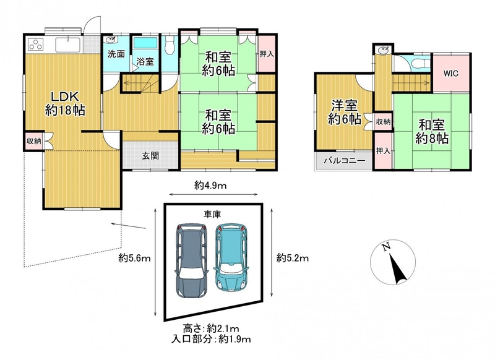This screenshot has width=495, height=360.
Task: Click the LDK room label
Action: (65, 103)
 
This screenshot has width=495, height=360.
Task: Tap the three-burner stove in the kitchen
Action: (35, 45)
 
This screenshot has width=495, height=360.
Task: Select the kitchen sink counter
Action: (69, 45)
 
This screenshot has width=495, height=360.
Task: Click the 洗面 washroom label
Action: (116, 54)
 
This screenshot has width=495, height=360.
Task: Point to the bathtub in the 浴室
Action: (145, 43)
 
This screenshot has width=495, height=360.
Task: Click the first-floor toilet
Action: (170, 44)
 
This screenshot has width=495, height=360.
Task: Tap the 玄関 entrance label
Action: (150, 155)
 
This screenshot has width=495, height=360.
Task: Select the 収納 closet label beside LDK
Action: (33, 140)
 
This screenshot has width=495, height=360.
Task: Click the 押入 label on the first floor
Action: (267, 54)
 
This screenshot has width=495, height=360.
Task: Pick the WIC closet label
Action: (451, 74)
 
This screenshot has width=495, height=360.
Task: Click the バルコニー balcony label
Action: (344, 161)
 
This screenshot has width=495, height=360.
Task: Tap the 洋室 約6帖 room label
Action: (345, 112)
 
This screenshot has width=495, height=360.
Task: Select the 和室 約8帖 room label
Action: (432, 131)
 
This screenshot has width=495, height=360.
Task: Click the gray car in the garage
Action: (191, 260)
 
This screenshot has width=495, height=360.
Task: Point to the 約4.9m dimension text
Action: (210, 186)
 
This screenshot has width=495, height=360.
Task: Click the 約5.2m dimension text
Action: (293, 259)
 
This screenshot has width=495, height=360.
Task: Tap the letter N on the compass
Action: (385, 247)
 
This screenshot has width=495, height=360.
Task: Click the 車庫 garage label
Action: (212, 215)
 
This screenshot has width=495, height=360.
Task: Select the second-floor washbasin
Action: (382, 49)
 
